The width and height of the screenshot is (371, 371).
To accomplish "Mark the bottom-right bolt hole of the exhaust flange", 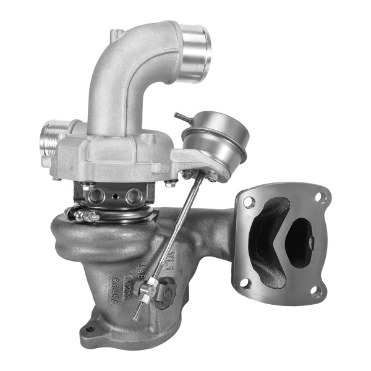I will click(x=318, y=291).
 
